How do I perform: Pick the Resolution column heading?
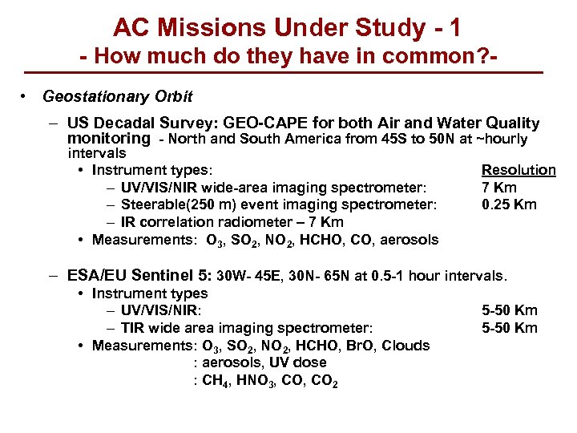[x=518, y=170]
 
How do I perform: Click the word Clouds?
[x=406, y=346]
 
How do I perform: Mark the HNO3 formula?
[x=256, y=382]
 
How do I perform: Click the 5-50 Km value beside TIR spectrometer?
[x=510, y=328]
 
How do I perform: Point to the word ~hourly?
[x=502, y=140]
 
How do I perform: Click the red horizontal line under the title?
[x=288, y=74]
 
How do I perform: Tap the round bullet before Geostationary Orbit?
[x=27, y=97]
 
